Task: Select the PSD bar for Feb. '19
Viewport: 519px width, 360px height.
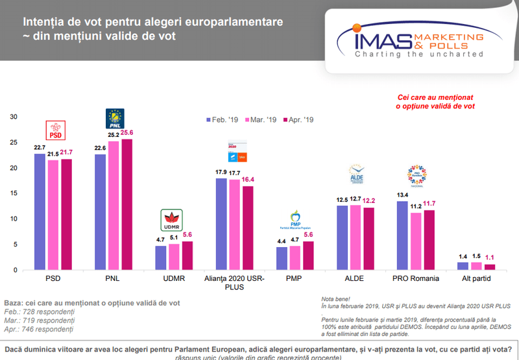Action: click(40, 211)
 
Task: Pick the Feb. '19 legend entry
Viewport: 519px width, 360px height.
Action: click(223, 120)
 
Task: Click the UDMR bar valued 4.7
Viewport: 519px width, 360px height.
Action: click(160, 258)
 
